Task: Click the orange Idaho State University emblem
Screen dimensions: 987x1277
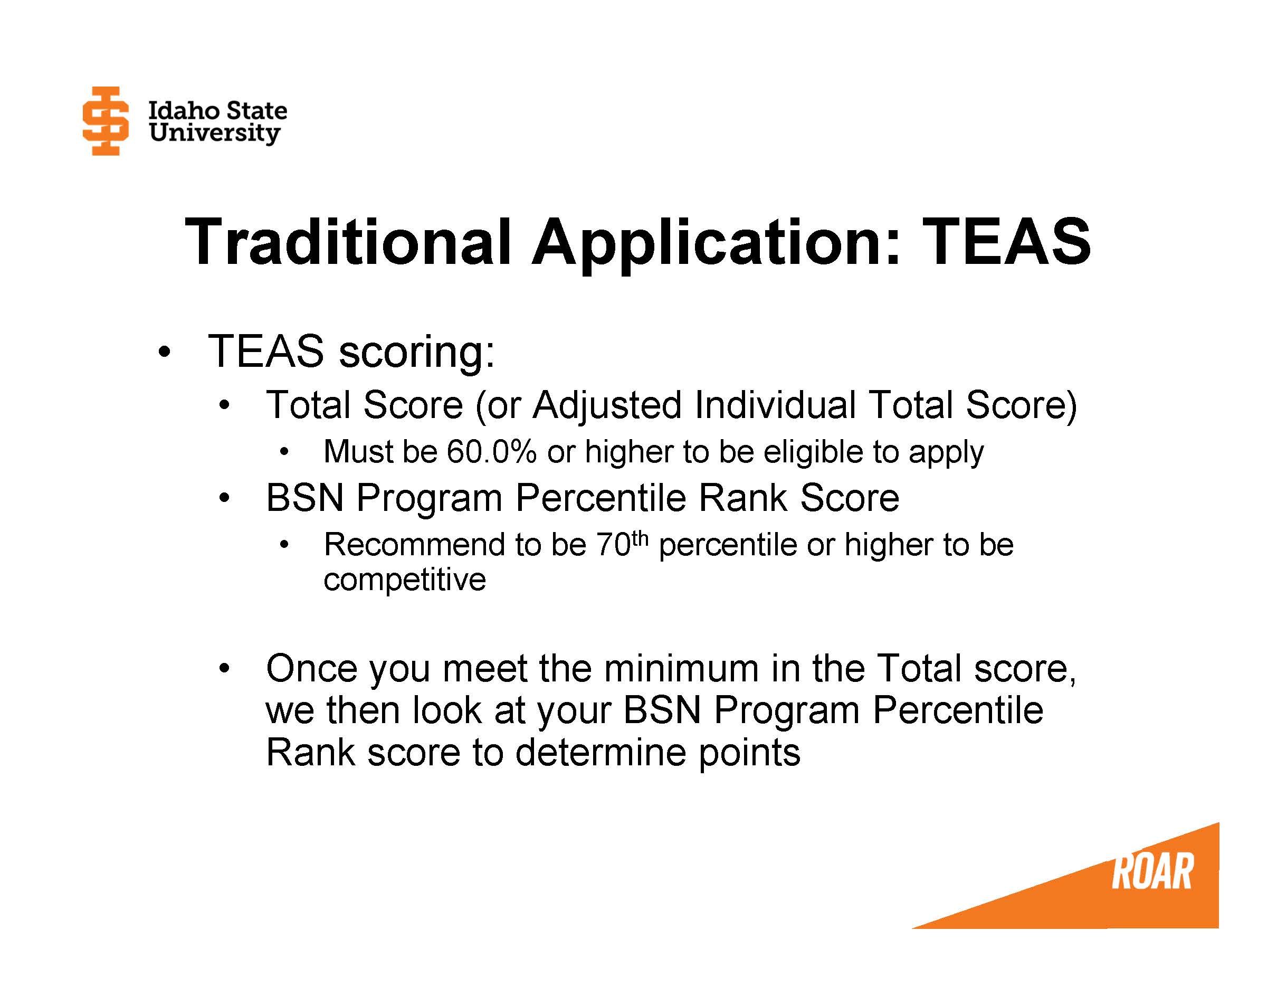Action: (x=105, y=121)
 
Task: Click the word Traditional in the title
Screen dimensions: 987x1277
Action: (x=348, y=242)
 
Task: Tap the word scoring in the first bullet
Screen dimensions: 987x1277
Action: (x=416, y=352)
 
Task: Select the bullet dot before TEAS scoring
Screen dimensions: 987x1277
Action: (x=164, y=352)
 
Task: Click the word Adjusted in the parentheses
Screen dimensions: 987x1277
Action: (x=607, y=405)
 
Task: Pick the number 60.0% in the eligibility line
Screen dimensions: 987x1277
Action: (x=491, y=452)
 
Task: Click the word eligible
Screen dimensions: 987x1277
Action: (x=812, y=452)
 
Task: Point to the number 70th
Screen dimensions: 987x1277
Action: (x=622, y=544)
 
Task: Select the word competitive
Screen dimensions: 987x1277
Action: (x=405, y=580)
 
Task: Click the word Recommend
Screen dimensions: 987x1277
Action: (x=415, y=545)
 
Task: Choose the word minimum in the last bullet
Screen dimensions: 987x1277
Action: (x=681, y=668)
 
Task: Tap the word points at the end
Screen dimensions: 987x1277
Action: (x=750, y=753)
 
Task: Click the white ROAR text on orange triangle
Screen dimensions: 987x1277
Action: (x=1151, y=872)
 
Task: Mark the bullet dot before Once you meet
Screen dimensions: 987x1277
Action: (x=223, y=668)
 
